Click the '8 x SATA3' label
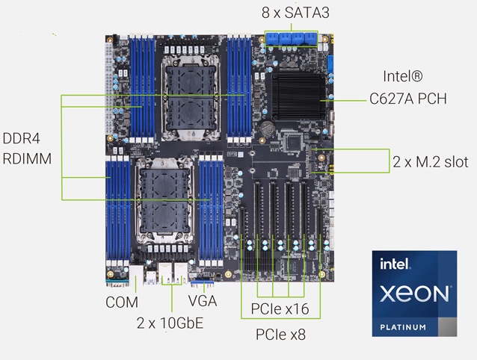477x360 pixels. click(x=295, y=13)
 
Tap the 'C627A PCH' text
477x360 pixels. click(x=408, y=99)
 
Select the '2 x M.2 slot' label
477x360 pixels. click(x=430, y=161)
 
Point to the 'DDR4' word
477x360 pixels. click(x=21, y=138)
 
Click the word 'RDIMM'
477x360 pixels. click(x=27, y=158)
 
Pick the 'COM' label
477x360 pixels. click(x=122, y=302)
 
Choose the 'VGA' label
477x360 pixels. click(x=203, y=301)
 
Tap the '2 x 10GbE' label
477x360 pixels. click(x=170, y=323)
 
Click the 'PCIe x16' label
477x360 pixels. click(x=280, y=309)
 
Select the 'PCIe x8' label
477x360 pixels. click(x=280, y=335)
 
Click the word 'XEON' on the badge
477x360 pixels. click(x=414, y=294)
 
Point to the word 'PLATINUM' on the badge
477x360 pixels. click(x=403, y=327)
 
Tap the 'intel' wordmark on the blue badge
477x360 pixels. click(x=395, y=264)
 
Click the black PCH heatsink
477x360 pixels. click(x=298, y=97)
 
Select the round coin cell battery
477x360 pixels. click(x=267, y=128)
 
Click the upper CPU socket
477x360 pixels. click(x=191, y=98)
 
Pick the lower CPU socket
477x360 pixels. click(x=164, y=200)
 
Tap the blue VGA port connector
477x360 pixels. click(x=203, y=284)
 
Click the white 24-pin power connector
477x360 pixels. click(x=108, y=88)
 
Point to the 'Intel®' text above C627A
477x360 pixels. click(x=403, y=76)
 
